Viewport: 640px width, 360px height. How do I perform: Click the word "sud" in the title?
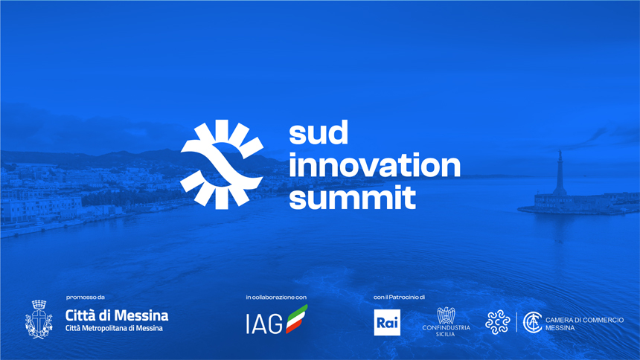[319, 132]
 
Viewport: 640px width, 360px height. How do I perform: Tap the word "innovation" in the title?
[374, 165]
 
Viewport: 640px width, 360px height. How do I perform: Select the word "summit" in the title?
[352, 198]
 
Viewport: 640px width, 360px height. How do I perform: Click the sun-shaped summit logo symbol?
[222, 164]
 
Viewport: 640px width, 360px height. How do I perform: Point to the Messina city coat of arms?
[39, 320]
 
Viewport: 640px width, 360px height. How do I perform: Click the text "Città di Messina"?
[117, 315]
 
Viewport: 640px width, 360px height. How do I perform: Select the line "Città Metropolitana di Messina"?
[114, 328]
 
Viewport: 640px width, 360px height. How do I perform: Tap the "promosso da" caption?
[86, 297]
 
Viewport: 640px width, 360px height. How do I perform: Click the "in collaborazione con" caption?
[276, 297]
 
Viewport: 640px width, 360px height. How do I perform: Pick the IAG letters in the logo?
[264, 324]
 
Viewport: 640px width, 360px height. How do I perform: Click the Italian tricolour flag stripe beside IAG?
[296, 319]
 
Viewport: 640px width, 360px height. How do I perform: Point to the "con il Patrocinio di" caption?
[399, 297]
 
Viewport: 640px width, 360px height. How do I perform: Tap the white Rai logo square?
[387, 323]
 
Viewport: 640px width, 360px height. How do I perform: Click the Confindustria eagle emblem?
[446, 315]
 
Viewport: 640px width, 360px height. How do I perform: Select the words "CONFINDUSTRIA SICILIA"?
[446, 330]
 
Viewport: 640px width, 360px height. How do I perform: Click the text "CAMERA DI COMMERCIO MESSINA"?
[584, 324]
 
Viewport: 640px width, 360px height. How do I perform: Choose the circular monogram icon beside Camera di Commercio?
[533, 323]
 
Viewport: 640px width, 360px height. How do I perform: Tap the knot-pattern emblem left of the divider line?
[498, 322]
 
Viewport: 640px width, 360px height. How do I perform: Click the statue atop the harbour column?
[560, 156]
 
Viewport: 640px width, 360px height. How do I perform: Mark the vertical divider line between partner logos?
[516, 323]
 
